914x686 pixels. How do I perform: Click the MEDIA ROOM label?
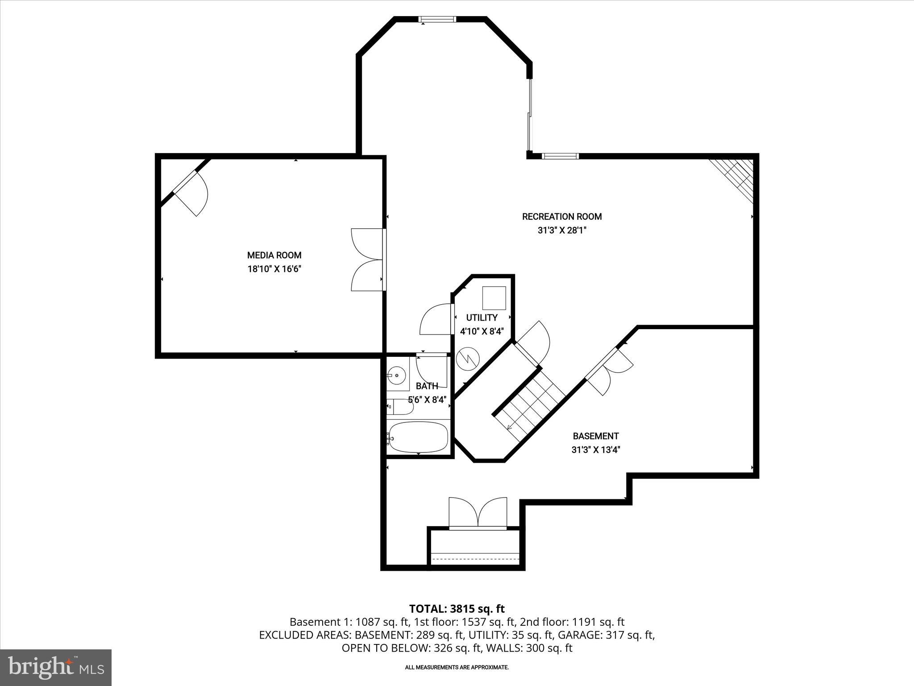coord(274,255)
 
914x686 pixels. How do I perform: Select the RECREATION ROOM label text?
coord(561,217)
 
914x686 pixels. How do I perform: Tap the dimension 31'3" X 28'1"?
coord(561,230)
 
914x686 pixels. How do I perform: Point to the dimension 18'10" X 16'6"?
coord(274,269)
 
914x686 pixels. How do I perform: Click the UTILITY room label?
coord(482,318)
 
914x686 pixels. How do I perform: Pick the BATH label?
coord(427,386)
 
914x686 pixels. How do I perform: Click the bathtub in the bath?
coord(418,437)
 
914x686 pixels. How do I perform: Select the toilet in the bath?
coord(400,407)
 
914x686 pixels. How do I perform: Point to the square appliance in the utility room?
coord(494,298)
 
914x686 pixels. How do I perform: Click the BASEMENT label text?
coord(595,436)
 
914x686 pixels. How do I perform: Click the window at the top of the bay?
coord(437,19)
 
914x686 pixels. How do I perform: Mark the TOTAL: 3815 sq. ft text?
coord(457,609)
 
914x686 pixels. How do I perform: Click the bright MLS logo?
coord(56,667)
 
